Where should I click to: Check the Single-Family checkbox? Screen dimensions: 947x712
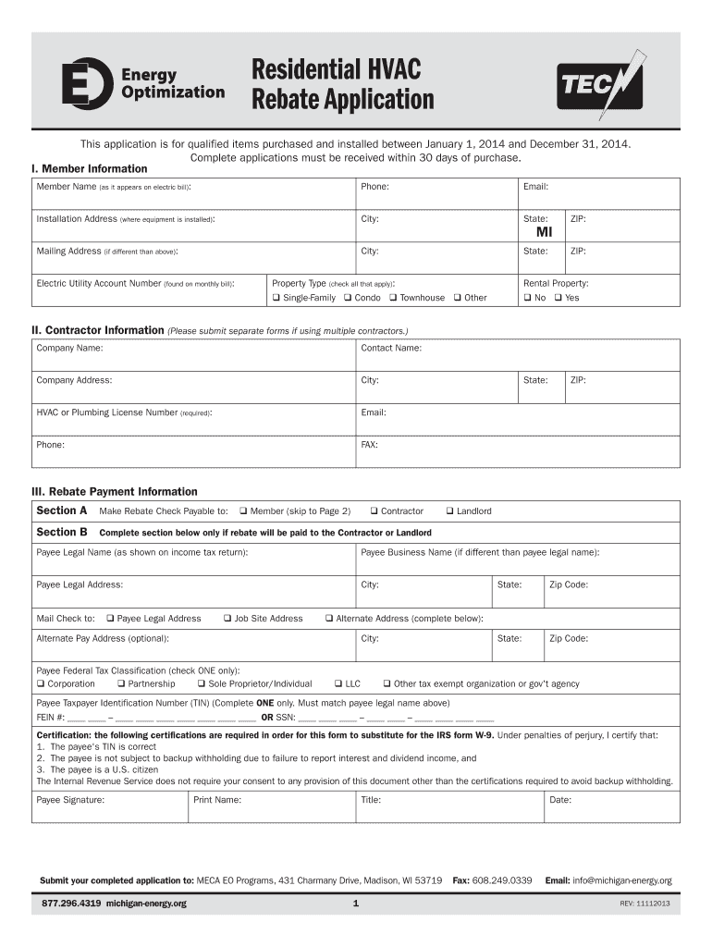tap(276, 298)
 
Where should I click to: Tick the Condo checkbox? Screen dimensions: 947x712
tap(347, 298)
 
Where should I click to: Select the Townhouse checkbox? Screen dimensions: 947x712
tap(393, 298)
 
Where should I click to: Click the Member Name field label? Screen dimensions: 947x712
tap(67, 187)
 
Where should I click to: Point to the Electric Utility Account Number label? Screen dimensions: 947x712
tap(99, 284)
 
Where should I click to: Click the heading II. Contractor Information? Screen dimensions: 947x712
tap(98, 330)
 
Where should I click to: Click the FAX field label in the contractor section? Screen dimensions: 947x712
tap(369, 445)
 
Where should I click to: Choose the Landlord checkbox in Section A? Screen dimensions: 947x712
tap(449, 511)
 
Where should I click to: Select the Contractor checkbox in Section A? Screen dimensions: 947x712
tap(374, 511)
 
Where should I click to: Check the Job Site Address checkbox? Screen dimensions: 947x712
tap(227, 619)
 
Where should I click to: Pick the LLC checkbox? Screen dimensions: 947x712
tap(338, 684)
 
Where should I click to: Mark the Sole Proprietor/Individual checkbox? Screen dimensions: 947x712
tap(201, 684)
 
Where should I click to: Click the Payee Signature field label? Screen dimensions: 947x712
tap(70, 800)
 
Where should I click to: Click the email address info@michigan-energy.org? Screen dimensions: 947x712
tap(621, 880)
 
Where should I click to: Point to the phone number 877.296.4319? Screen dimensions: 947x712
tap(71, 904)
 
